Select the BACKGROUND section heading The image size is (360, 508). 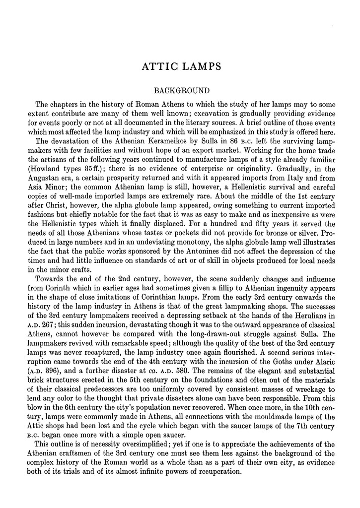click(179, 91)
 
